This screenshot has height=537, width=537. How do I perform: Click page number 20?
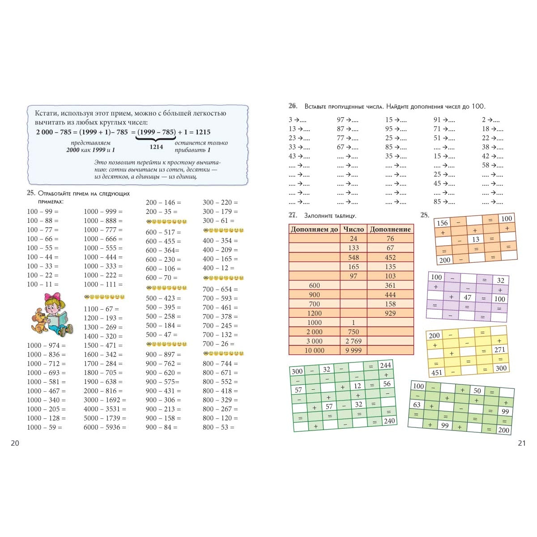coord(15,443)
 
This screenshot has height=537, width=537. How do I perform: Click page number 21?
coord(521,443)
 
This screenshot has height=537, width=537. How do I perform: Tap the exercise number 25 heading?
coord(31,193)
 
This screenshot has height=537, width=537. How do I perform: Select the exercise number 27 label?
coord(293,215)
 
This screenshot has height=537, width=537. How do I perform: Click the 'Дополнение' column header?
coord(390,229)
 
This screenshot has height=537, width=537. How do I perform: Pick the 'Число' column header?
coord(354,229)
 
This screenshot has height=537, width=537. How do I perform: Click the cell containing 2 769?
coord(354,341)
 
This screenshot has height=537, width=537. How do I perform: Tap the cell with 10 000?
coord(314,350)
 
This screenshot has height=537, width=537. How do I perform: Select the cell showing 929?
coord(390,313)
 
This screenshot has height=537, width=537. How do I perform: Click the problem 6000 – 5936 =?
coord(105,427)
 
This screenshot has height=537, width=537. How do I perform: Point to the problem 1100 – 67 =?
coord(101,309)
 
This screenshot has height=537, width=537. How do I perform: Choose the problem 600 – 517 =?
coord(163,232)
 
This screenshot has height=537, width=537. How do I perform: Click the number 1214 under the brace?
coord(156,147)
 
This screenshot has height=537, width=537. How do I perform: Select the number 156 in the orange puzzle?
coord(442,223)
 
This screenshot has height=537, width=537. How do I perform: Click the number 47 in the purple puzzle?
coord(468,297)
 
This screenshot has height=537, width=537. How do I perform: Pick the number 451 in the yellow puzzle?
coord(436,372)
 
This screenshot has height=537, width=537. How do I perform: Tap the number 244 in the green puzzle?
coord(386,365)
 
